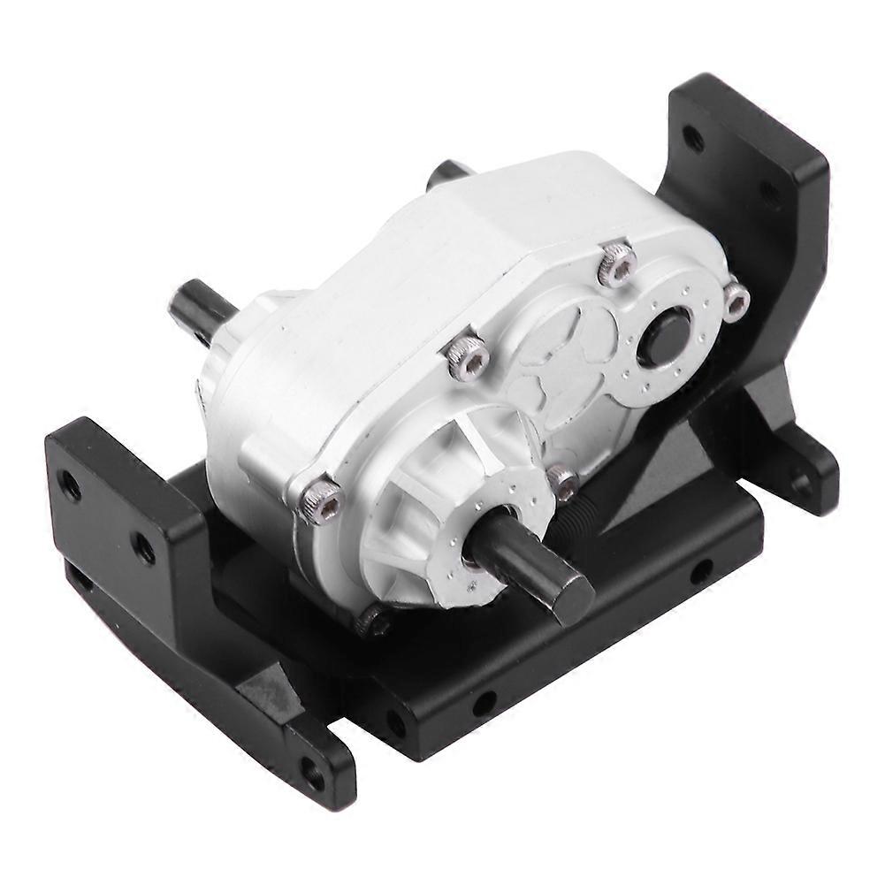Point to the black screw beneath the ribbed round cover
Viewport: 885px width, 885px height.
tap(374, 622)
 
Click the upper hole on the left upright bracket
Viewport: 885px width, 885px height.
tap(68, 484)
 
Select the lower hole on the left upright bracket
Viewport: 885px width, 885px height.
tap(142, 548)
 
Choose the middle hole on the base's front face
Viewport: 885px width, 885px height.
tap(484, 705)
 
